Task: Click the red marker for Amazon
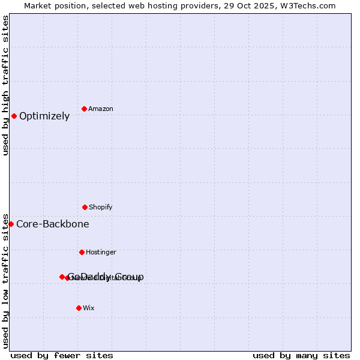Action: [84, 109]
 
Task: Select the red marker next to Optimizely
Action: [14, 116]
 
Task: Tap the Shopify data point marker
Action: [85, 207]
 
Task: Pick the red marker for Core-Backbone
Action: [11, 224]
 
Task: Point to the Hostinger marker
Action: [82, 252]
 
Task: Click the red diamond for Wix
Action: [79, 308]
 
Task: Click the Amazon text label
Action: [101, 109]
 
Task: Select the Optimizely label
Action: [44, 116]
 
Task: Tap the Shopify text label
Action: [101, 207]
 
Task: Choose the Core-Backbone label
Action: [53, 224]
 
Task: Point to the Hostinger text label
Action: [101, 252]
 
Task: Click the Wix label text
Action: [89, 308]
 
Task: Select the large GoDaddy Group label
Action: [106, 277]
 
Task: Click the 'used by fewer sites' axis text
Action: [62, 355]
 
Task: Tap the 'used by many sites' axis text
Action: [301, 355]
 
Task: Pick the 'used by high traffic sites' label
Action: [5, 85]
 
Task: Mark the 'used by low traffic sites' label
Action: [5, 280]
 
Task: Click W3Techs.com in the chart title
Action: [307, 5]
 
